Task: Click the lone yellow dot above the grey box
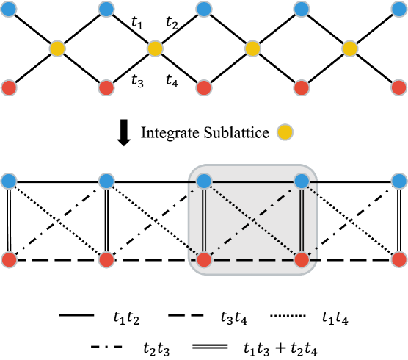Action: (285, 132)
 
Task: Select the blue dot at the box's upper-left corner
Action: (204, 181)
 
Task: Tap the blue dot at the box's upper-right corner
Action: (302, 181)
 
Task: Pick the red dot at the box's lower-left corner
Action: (204, 259)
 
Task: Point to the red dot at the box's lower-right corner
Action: (302, 259)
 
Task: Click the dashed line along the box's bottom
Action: (252, 260)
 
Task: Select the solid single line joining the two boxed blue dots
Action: (252, 181)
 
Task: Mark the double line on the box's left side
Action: (204, 220)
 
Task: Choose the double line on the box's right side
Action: (302, 220)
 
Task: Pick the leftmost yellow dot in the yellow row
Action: (57, 48)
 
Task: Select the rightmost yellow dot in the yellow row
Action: (350, 48)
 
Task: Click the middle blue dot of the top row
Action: (204, 10)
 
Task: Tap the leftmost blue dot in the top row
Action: (9, 10)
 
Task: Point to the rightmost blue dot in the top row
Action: (399, 10)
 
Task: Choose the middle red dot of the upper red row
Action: (204, 88)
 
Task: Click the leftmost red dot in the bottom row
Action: (9, 259)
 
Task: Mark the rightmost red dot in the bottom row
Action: (399, 259)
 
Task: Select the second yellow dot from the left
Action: (155, 48)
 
